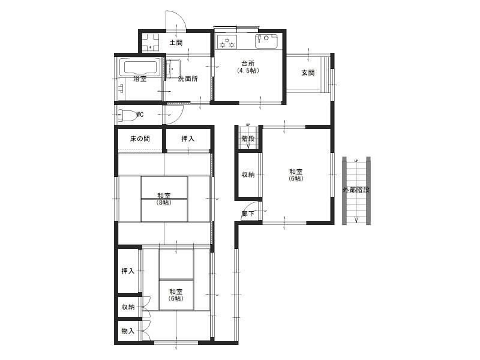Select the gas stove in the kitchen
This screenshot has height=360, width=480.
pyautogui.click(x=227, y=42)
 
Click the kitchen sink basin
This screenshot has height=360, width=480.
pyautogui.click(x=267, y=41)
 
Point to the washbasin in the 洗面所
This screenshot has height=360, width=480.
pyautogui.click(x=173, y=68)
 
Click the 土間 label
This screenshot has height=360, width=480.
pyautogui.click(x=176, y=43)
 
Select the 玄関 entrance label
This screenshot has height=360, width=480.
pyautogui.click(x=308, y=73)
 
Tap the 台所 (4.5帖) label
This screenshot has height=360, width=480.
pyautogui.click(x=248, y=67)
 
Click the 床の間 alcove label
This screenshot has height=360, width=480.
pyautogui.click(x=140, y=139)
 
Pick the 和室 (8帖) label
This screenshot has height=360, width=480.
pyautogui.click(x=164, y=199)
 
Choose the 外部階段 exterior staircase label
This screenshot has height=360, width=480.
pyautogui.click(x=356, y=190)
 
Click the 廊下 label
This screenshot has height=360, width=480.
pyautogui.click(x=248, y=214)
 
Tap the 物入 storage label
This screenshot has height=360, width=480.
pyautogui.click(x=128, y=331)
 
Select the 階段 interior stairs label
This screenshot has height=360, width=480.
pyautogui.click(x=248, y=139)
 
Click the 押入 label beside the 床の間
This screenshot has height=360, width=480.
pyautogui.click(x=188, y=139)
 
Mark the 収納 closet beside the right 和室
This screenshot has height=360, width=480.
pyautogui.click(x=248, y=175)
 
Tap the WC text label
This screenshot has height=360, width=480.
pyautogui.click(x=140, y=115)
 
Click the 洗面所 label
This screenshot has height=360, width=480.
pyautogui.click(x=188, y=79)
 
